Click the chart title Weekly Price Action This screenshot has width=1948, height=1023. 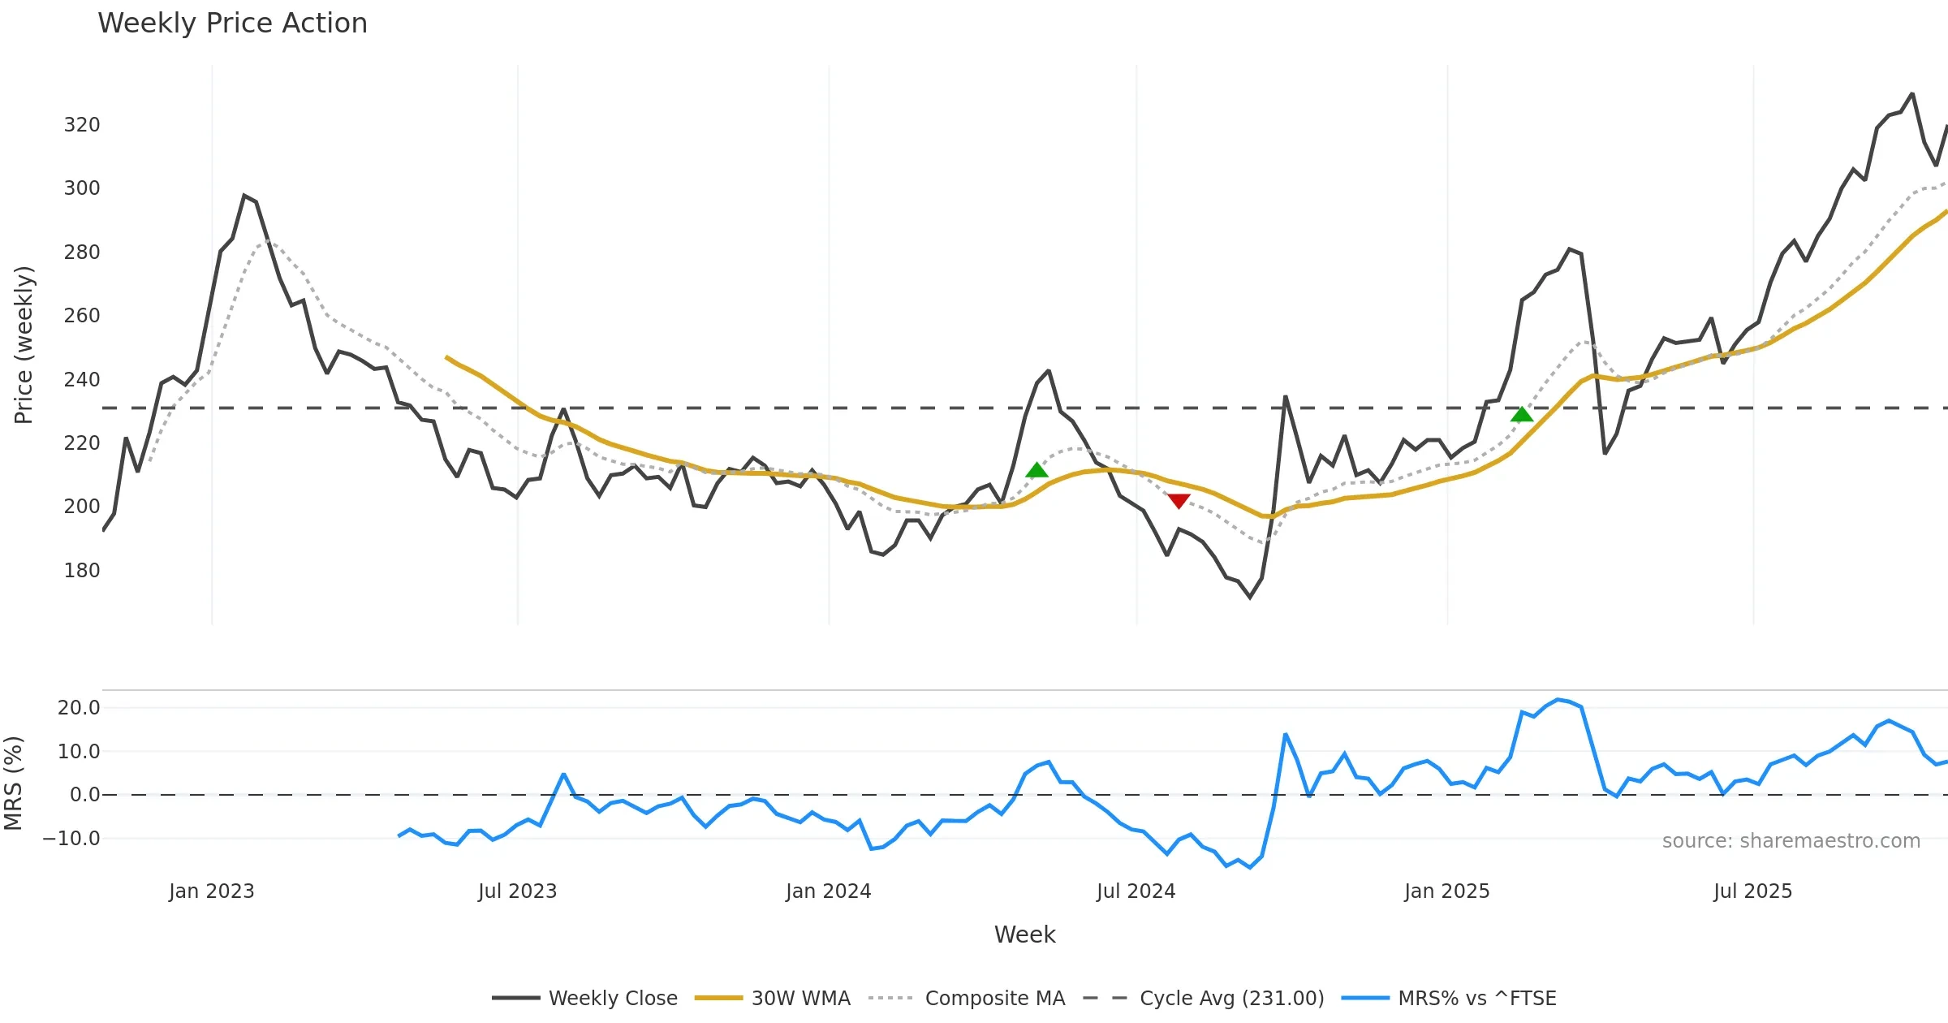(232, 24)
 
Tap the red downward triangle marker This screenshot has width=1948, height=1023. (1179, 501)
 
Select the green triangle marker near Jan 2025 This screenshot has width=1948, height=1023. (1522, 415)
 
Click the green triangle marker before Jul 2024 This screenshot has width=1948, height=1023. (1036, 470)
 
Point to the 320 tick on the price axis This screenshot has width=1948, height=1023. (82, 125)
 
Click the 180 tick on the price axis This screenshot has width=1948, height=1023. (82, 571)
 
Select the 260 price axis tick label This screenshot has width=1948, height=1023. (82, 316)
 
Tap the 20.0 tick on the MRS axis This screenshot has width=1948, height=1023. (79, 708)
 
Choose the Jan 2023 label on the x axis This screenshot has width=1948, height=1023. (211, 891)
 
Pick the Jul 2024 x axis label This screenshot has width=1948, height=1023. (1136, 891)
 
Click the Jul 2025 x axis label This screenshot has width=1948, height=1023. (1752, 891)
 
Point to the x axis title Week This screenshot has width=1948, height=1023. (1024, 935)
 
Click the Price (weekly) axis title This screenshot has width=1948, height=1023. (24, 345)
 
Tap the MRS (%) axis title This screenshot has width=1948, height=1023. (13, 783)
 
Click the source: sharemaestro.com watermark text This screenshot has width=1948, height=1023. (1791, 841)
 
